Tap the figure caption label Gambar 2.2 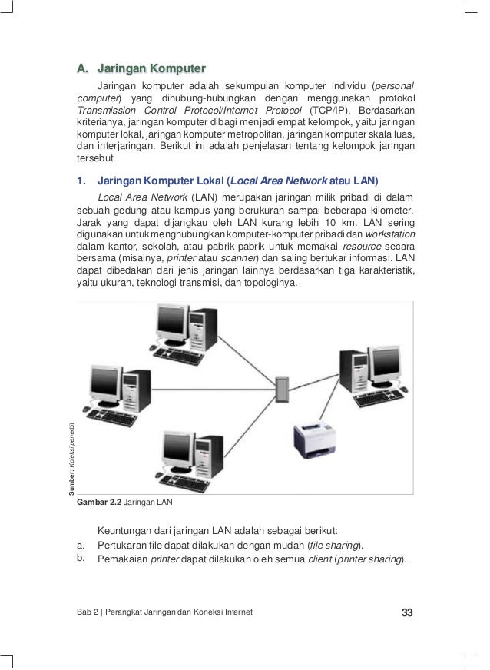(x=100, y=503)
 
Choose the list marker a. (x=81, y=546)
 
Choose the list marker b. (x=81, y=559)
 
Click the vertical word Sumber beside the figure (x=70, y=476)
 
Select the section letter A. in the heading (x=82, y=68)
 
